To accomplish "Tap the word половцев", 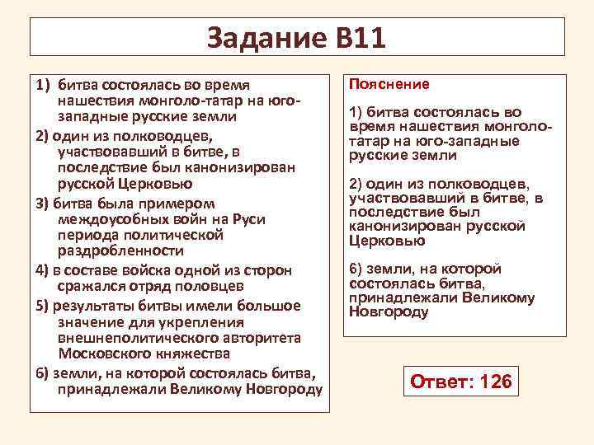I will tap(210, 287).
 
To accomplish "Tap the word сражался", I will tap(89, 287).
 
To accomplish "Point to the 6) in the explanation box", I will tap(356, 269).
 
